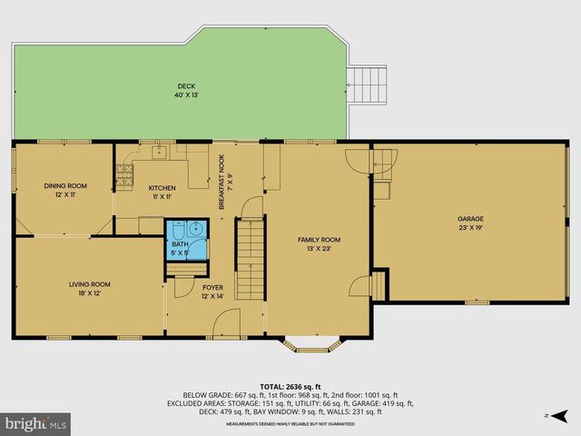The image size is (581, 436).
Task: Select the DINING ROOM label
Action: [x=65, y=185]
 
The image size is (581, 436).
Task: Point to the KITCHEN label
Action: [x=162, y=188]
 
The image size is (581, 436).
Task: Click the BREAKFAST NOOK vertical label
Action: [x=221, y=182]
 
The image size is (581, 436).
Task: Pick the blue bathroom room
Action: [x=185, y=240]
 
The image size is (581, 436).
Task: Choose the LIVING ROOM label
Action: [x=89, y=284]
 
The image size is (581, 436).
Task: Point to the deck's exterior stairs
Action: [x=369, y=85]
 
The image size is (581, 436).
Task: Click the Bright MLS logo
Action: [x=36, y=423]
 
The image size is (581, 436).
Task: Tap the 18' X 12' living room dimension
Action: [x=89, y=293]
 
